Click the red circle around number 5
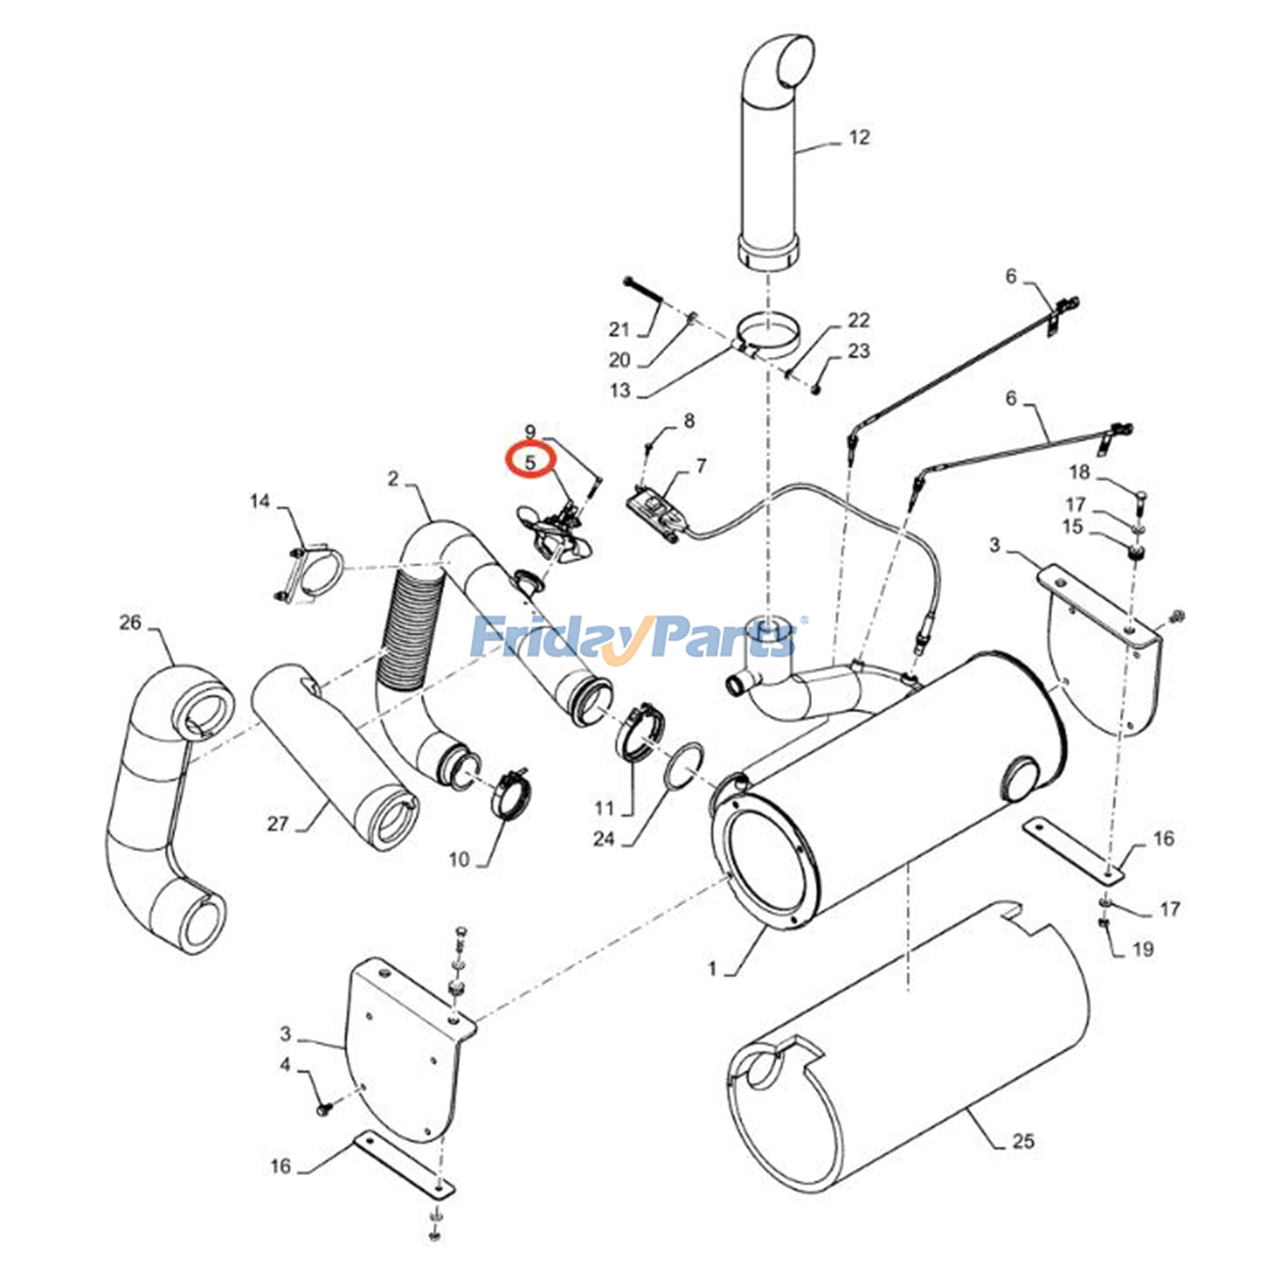[x=529, y=461]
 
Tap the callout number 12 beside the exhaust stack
[x=859, y=137]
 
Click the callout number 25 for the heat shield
[x=1023, y=1141]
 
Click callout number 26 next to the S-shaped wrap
[x=130, y=622]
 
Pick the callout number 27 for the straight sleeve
[x=277, y=823]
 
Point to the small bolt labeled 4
[x=323, y=1110]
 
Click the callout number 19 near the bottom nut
[x=1143, y=949]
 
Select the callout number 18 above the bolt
[x=1079, y=472]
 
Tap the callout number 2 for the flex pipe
[x=392, y=478]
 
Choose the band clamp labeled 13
[x=767, y=335]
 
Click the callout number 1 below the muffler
[x=712, y=969]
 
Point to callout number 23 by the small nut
[x=859, y=351]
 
